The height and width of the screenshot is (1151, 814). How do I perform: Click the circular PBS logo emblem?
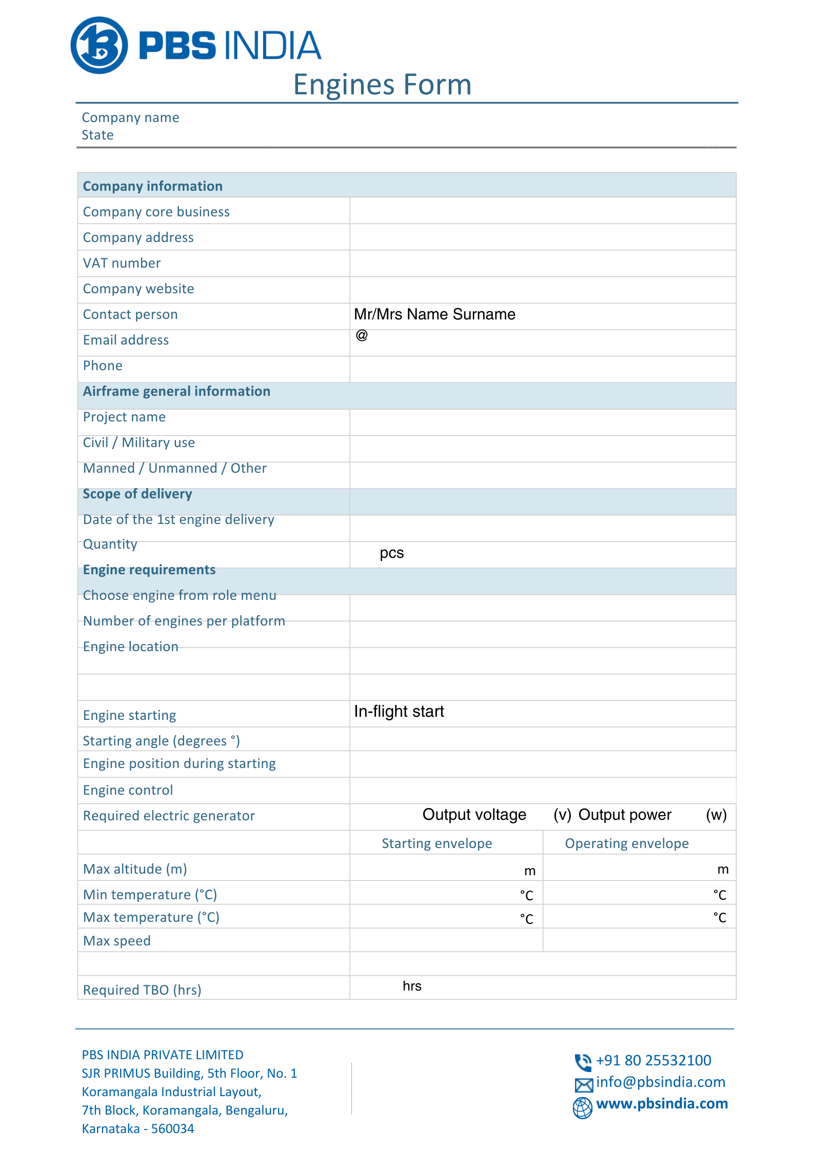click(99, 45)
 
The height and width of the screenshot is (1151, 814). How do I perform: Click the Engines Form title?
click(382, 85)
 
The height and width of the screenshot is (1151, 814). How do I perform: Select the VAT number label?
click(122, 263)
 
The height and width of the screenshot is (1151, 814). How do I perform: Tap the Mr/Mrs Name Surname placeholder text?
click(434, 314)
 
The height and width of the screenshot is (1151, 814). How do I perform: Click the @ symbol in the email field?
click(362, 335)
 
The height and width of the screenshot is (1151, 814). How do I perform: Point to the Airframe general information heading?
click(176, 391)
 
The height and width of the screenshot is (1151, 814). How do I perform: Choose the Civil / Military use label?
click(139, 442)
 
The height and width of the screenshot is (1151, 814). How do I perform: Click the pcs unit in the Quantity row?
click(391, 553)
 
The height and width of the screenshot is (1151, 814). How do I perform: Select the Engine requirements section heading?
click(149, 570)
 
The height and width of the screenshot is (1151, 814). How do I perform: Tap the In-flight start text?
click(399, 712)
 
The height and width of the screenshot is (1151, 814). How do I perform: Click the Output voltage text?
click(474, 815)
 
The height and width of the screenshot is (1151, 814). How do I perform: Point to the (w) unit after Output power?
click(716, 815)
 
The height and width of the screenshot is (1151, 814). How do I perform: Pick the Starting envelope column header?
click(437, 843)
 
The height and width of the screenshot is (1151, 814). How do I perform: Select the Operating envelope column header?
click(627, 843)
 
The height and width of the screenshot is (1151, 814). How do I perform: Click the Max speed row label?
click(117, 941)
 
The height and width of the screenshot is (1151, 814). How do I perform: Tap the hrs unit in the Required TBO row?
click(412, 986)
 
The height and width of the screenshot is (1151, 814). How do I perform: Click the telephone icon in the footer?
click(583, 1062)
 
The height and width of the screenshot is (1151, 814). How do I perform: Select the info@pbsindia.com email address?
click(661, 1082)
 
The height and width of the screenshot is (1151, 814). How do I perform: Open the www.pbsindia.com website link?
click(662, 1103)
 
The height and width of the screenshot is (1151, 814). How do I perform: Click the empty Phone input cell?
click(543, 369)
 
